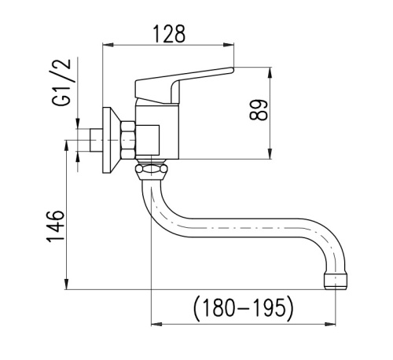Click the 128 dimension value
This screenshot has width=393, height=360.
170,34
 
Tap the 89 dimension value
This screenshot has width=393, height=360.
259,110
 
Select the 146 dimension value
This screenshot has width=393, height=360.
55,226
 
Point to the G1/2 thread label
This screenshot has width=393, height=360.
62,83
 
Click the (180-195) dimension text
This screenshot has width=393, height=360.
244,308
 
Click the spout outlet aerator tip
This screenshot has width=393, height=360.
336,281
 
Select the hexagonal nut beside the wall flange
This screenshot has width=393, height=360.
128,140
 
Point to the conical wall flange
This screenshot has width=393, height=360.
112,140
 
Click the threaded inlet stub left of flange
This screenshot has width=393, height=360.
96,140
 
